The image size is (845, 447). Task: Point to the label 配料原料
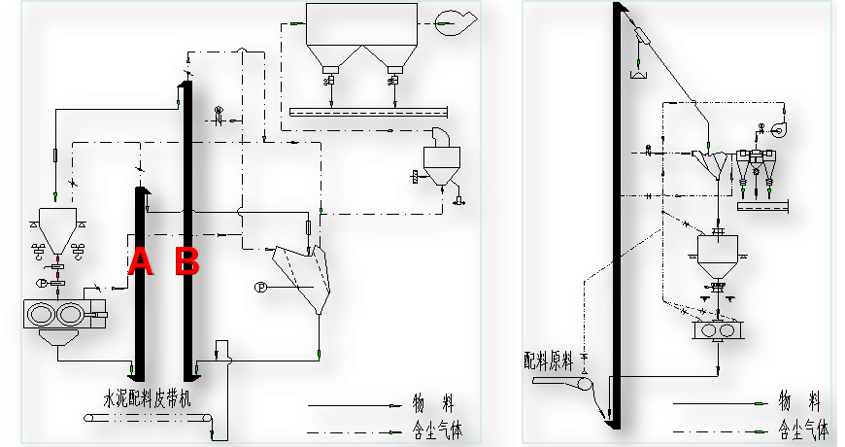coord(549,361)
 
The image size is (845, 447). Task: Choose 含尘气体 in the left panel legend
coord(432,426)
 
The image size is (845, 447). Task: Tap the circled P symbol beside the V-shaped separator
coord(259,287)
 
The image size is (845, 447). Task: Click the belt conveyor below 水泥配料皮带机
coord(146,418)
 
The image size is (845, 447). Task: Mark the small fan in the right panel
coord(783,126)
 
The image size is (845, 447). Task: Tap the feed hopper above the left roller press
coord(55,223)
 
